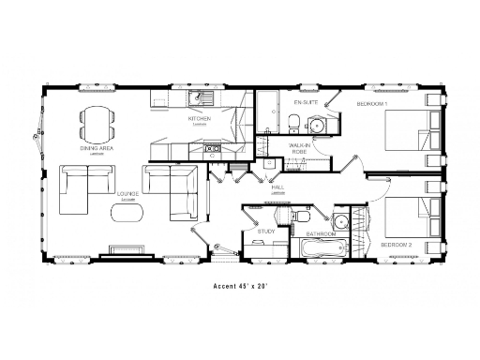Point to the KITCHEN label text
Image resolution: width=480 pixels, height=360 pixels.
tap(199, 119)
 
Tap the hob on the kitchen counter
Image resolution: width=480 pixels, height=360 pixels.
tap(212, 147)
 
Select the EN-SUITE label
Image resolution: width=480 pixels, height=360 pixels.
tap(305, 100)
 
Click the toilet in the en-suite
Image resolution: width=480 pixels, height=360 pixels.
tap(294, 119)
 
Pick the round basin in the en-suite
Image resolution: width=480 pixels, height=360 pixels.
tap(318, 126)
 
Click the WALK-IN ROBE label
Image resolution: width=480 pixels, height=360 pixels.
tap(300, 149)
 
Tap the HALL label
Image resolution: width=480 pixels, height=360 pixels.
tap(277, 187)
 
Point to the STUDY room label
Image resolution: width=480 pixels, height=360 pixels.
tap(265, 230)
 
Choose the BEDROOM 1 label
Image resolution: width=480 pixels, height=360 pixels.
tap(373, 101)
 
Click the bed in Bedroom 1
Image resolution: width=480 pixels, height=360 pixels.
tap(408, 128)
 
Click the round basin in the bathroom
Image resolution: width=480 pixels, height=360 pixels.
tap(339, 222)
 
